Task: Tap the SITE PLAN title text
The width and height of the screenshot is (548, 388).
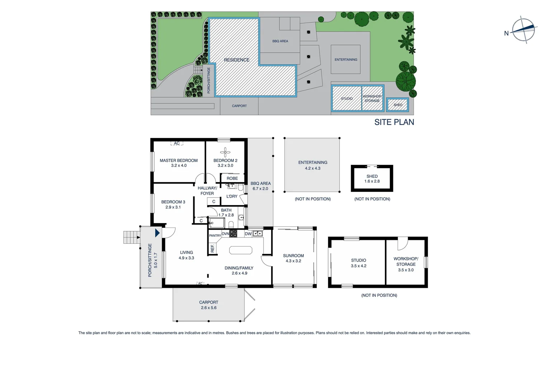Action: click(x=394, y=122)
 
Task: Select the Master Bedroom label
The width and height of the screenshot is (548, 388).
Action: click(x=179, y=161)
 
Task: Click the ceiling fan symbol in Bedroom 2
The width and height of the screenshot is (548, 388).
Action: click(x=225, y=152)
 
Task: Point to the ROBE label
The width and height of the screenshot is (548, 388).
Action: click(x=232, y=178)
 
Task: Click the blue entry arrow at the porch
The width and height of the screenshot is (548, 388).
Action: click(x=157, y=233)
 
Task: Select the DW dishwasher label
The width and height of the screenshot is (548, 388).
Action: click(x=248, y=234)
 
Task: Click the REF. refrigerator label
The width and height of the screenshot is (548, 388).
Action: click(x=212, y=248)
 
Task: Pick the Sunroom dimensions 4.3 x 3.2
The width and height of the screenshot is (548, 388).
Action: click(x=293, y=261)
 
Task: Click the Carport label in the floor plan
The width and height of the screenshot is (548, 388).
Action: click(x=208, y=302)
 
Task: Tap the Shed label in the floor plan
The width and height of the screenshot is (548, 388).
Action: click(x=372, y=176)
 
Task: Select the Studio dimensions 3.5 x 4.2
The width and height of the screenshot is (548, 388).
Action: click(x=358, y=266)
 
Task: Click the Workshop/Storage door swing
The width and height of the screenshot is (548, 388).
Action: click(x=402, y=243)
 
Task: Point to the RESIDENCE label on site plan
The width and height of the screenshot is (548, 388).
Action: click(x=236, y=60)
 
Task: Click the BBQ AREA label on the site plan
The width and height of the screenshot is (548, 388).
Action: click(x=280, y=41)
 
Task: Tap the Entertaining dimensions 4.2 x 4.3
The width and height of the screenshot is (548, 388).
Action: click(x=312, y=168)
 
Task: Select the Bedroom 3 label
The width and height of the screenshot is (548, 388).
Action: click(x=173, y=202)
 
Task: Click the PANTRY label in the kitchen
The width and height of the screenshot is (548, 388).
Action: click(x=215, y=236)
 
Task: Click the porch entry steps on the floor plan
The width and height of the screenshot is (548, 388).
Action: click(x=131, y=237)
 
